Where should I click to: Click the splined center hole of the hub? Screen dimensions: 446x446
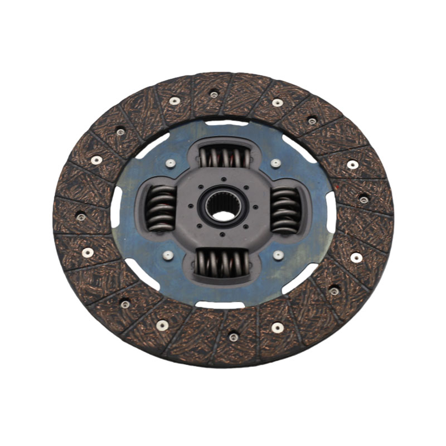(222, 207)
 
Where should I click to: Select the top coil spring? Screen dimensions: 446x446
(223, 156)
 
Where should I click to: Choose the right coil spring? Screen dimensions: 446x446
(285, 210)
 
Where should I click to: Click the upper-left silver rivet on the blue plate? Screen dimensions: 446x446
(171, 163)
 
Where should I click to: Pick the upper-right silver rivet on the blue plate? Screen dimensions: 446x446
(275, 163)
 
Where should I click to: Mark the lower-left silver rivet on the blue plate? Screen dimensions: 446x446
(168, 255)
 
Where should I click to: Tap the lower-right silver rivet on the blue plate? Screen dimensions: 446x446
(278, 255)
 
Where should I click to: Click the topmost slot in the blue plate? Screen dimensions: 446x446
(226, 122)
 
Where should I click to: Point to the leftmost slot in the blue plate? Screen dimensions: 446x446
(117, 207)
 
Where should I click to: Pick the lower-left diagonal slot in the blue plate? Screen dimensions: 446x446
(142, 274)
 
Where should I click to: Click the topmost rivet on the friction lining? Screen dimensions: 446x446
(214, 94)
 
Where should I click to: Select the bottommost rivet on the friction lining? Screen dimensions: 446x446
(234, 337)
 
